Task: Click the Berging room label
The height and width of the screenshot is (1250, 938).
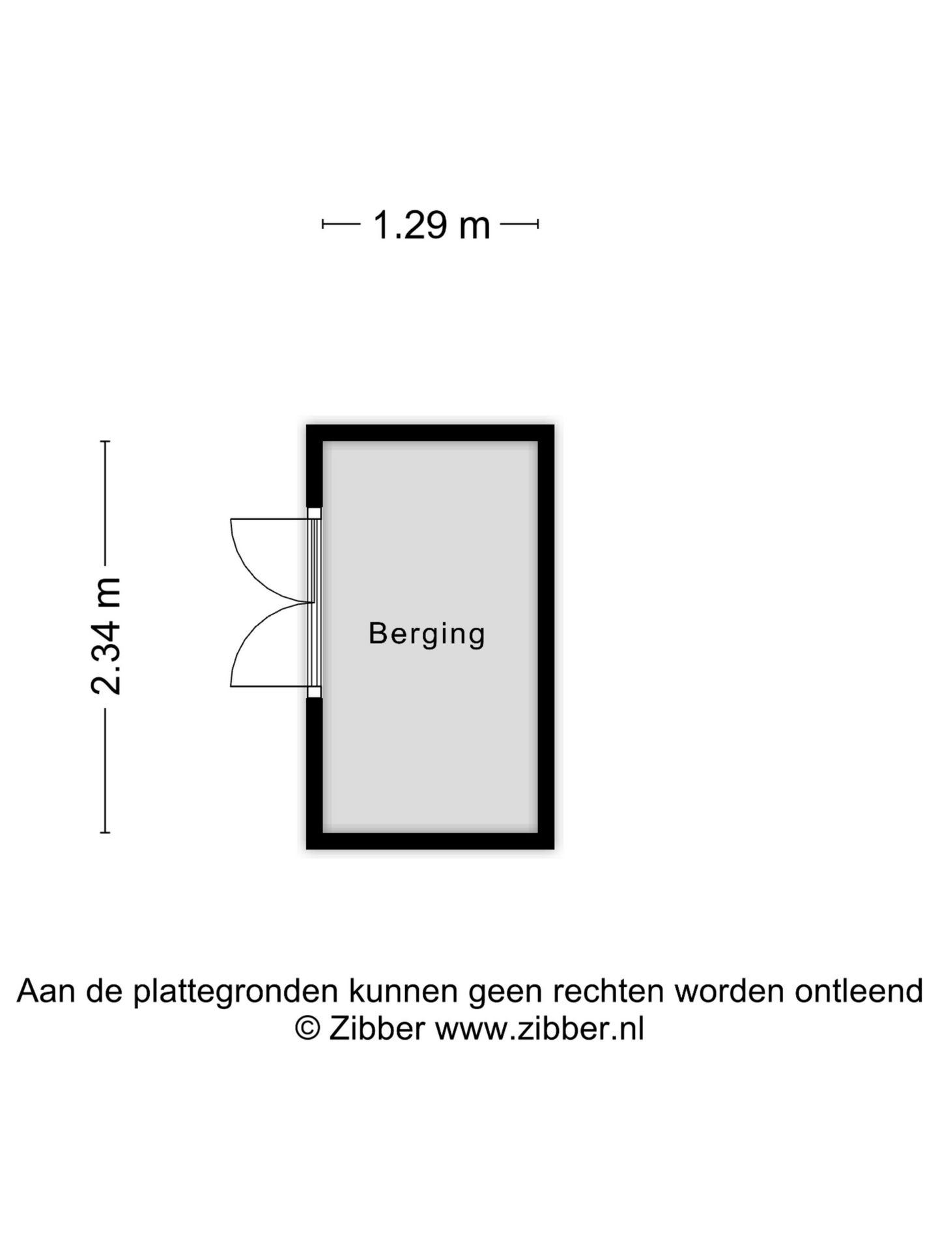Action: pyautogui.click(x=427, y=634)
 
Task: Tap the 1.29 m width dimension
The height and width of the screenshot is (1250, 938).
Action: pyautogui.click(x=431, y=225)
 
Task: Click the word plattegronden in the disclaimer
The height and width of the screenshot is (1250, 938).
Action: pyautogui.click(x=236, y=991)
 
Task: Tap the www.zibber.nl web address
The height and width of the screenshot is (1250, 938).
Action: pyautogui.click(x=539, y=1029)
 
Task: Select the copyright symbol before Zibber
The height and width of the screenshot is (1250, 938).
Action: pyautogui.click(x=307, y=1029)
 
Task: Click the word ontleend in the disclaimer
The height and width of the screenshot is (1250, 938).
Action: pyautogui.click(x=859, y=991)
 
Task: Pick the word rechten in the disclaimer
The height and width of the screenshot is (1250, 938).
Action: pyautogui.click(x=610, y=991)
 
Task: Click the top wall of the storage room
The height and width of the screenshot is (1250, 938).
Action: pyautogui.click(x=430, y=433)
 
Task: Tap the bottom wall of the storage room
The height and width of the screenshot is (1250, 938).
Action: pyautogui.click(x=430, y=840)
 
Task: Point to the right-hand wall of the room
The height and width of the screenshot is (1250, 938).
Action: pyautogui.click(x=546, y=637)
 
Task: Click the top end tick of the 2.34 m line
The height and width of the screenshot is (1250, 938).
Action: pyautogui.click(x=105, y=441)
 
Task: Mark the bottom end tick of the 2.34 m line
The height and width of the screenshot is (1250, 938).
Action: pyautogui.click(x=105, y=832)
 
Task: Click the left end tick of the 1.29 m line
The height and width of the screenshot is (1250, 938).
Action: pyautogui.click(x=323, y=225)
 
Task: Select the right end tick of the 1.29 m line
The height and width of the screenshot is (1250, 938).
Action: pyautogui.click(x=538, y=225)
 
